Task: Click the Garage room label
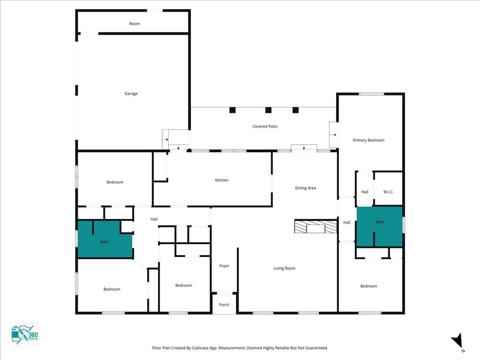(x=131, y=94)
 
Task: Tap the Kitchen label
(x=222, y=180)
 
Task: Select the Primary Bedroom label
(x=368, y=140)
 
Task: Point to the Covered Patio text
(x=265, y=126)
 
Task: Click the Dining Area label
(x=305, y=188)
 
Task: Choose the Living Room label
(x=284, y=268)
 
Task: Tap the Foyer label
(x=224, y=266)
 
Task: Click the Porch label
(x=224, y=305)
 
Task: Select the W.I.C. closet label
(x=388, y=192)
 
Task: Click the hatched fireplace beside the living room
(x=315, y=226)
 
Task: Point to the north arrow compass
(x=457, y=341)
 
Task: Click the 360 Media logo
(x=24, y=335)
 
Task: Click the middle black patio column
(x=268, y=110)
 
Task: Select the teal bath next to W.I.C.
(x=380, y=226)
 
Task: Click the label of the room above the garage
(x=135, y=23)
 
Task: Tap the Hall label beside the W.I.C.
(x=365, y=192)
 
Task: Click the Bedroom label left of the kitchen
(x=115, y=182)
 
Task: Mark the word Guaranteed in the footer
(x=317, y=348)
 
